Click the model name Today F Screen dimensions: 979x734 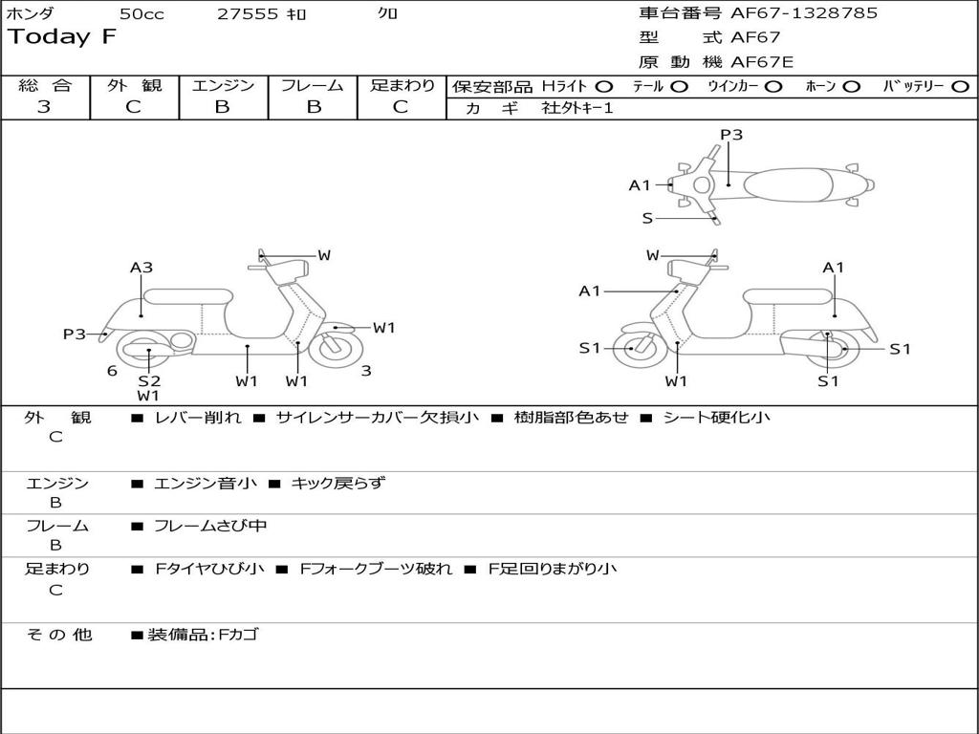click(62, 37)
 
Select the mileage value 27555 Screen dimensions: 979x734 click(248, 13)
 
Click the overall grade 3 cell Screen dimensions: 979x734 click(44, 107)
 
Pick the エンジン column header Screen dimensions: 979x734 click(223, 85)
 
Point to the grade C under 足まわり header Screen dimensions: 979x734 click(401, 107)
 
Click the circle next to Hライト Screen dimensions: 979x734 click(604, 86)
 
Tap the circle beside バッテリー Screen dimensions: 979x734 click(960, 86)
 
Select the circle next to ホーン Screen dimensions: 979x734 click(851, 86)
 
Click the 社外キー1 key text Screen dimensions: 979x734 click(577, 108)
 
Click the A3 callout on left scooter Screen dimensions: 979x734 click(141, 269)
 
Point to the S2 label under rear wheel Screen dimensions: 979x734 click(148, 380)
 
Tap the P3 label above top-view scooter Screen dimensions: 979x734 click(731, 135)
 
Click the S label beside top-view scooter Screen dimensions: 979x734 click(647, 218)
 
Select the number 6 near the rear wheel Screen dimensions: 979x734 click(112, 371)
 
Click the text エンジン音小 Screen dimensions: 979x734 click(206, 484)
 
